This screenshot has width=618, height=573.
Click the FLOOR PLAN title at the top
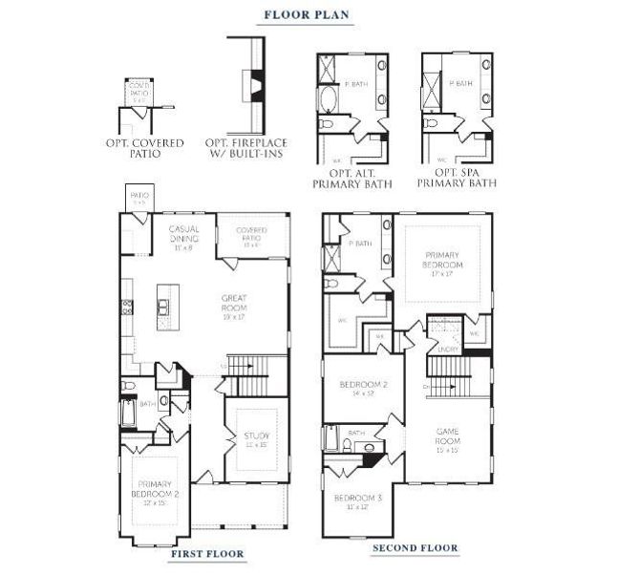pyautogui.click(x=309, y=14)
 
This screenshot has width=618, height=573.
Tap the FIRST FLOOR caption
pyautogui.click(x=206, y=553)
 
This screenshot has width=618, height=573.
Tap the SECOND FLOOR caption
pyautogui.click(x=415, y=548)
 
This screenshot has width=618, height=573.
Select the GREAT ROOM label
pyautogui.click(x=234, y=303)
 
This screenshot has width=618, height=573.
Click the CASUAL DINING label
pyautogui.click(x=183, y=235)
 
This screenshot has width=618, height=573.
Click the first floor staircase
pyautogui.click(x=254, y=367)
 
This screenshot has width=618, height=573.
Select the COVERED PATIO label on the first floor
pyautogui.click(x=252, y=234)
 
